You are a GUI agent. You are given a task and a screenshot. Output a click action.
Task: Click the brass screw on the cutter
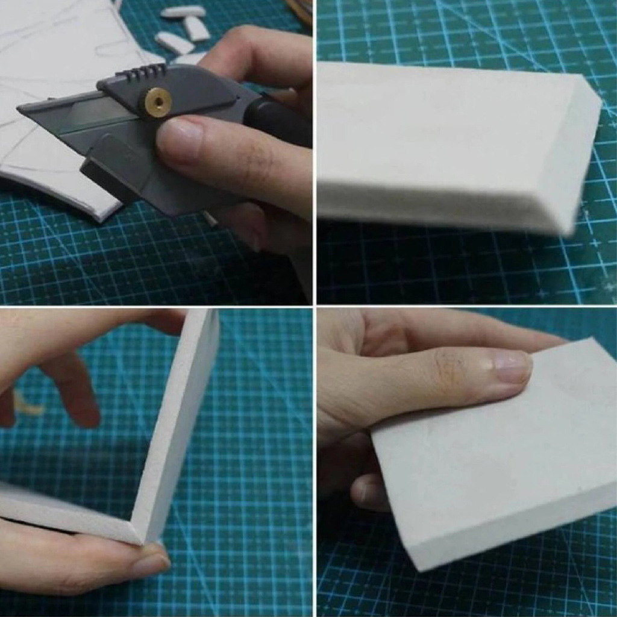[158, 100]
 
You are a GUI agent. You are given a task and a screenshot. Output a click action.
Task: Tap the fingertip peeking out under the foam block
[368, 491]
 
